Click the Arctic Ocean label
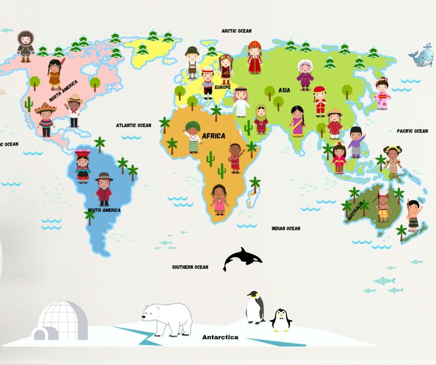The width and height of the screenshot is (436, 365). [236, 31]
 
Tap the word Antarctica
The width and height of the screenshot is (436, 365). [220, 337]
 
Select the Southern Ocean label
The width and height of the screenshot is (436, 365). [190, 267]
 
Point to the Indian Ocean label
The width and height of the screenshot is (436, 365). [286, 228]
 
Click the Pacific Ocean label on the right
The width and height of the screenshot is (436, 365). [412, 131]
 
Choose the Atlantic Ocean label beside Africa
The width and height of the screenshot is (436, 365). [133, 125]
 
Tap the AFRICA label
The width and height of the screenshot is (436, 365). [214, 136]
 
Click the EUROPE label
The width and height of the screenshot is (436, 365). [222, 87]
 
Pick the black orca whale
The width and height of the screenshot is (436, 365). [242, 257]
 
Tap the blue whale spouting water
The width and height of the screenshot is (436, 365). [421, 57]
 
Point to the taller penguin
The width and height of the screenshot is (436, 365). [254, 307]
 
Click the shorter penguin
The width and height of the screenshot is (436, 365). [281, 320]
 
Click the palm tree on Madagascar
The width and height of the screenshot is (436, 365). [255, 184]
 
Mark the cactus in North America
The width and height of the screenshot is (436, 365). [28, 104]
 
